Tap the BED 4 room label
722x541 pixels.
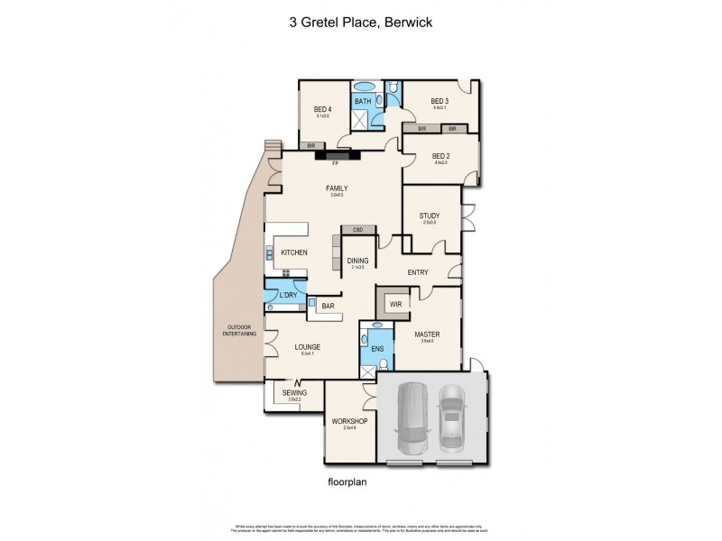[x=322, y=110]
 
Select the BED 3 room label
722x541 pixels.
[x=439, y=101]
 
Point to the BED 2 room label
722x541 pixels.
[x=441, y=156]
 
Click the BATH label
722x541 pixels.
[x=362, y=101]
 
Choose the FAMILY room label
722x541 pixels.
[x=337, y=188]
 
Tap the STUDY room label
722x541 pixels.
[x=429, y=215]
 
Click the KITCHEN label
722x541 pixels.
[x=294, y=252]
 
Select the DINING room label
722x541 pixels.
[x=357, y=261]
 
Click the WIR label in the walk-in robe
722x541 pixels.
[x=395, y=305]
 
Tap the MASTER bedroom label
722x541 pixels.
[x=426, y=335]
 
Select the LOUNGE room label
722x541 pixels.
[x=307, y=346]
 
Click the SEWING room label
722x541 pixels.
[x=294, y=393]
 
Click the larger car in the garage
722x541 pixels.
[x=412, y=419]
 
